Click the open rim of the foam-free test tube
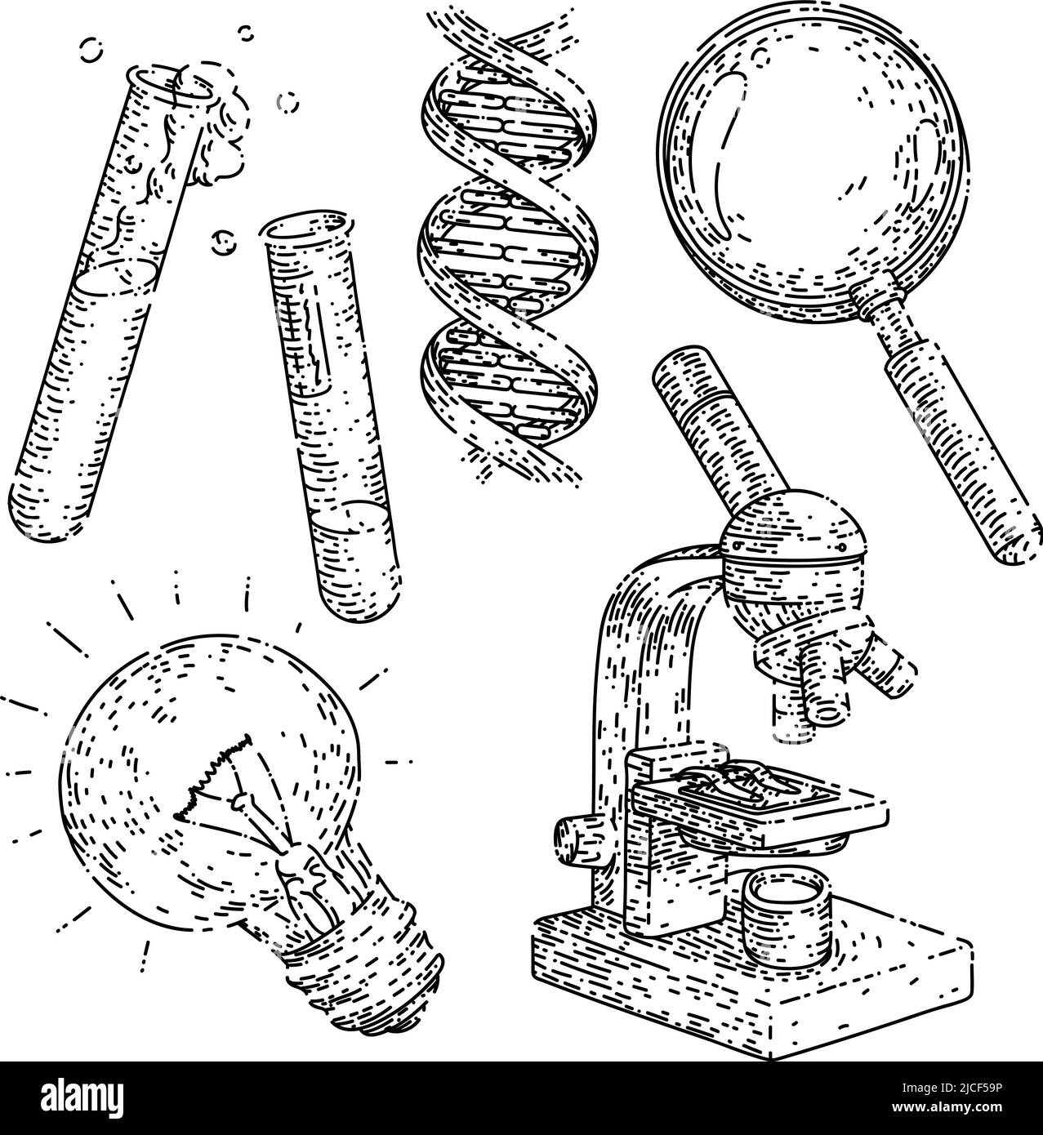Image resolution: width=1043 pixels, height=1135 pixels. pyautogui.click(x=298, y=225)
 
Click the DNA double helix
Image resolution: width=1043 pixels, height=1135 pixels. pyautogui.click(x=506, y=245)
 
